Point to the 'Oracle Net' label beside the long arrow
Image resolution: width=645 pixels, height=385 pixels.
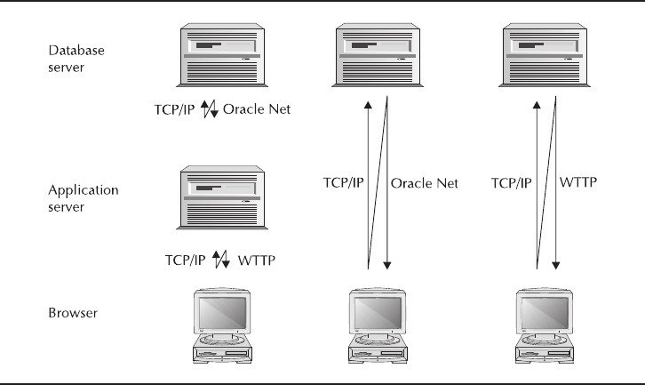click(x=425, y=183)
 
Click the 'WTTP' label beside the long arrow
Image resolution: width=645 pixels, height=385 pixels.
click(x=577, y=183)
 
